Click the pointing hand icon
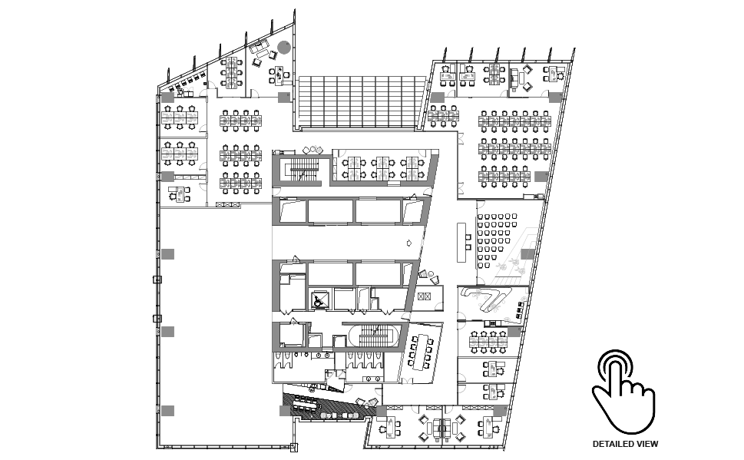pyautogui.click(x=623, y=391)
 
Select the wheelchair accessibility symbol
pyautogui.click(x=317, y=300)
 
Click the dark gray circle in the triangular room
pyautogui.click(x=284, y=47)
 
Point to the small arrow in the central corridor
pyautogui.click(x=409, y=243)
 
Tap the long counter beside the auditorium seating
pyautogui.click(x=461, y=242)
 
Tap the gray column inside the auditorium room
pyautogui.click(x=527, y=254)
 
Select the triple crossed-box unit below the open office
pyautogui.click(x=228, y=204)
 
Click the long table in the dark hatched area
pyautogui.click(x=305, y=404)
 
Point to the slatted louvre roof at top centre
pyautogui.click(x=360, y=101)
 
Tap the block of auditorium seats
pyautogui.click(x=496, y=240)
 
